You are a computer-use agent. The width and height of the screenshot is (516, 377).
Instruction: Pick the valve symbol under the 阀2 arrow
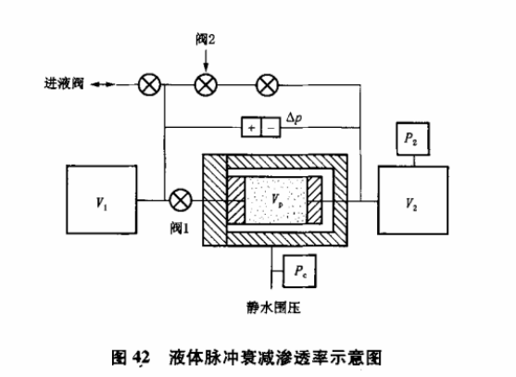(x=206, y=85)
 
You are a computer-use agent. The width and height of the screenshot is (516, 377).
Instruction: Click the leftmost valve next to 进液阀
(x=147, y=85)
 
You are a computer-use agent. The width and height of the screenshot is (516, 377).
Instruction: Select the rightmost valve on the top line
(x=266, y=85)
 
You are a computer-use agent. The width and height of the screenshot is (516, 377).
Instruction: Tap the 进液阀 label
(x=64, y=85)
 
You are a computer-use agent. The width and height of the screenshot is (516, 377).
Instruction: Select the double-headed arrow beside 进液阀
(x=105, y=85)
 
